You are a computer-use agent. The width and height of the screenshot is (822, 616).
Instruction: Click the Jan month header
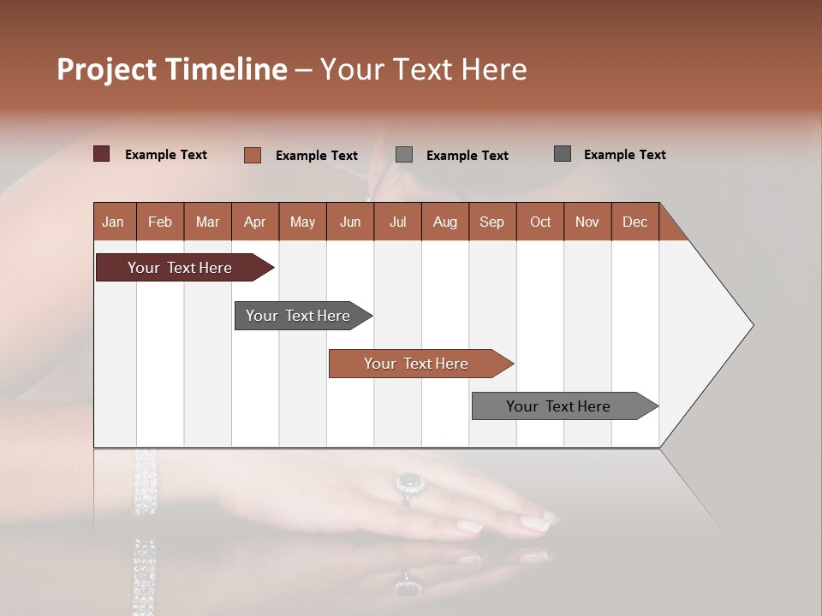pyautogui.click(x=113, y=222)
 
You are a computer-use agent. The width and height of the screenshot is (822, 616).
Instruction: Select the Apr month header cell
pyautogui.click(x=254, y=222)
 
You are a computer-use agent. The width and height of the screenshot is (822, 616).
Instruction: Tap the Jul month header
pyautogui.click(x=397, y=222)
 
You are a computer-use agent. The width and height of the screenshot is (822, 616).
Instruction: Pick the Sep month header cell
pyautogui.click(x=491, y=222)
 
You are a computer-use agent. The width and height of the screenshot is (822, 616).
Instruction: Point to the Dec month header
pyautogui.click(x=634, y=222)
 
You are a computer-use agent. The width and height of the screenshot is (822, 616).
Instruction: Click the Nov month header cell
pyautogui.click(x=587, y=222)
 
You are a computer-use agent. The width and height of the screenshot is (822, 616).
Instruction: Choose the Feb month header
pyautogui.click(x=160, y=222)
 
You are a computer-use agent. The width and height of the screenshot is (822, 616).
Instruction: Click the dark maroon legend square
pyautogui.click(x=101, y=154)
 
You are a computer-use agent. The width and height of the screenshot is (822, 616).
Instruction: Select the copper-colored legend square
pyautogui.click(x=252, y=155)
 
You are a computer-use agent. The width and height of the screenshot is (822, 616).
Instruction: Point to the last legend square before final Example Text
pyautogui.click(x=563, y=154)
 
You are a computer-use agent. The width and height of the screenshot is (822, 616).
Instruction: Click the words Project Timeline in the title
pyautogui.click(x=171, y=69)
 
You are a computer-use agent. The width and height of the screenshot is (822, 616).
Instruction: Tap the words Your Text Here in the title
pyautogui.click(x=424, y=69)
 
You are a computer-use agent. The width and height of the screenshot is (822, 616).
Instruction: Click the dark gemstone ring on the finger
pyautogui.click(x=411, y=483)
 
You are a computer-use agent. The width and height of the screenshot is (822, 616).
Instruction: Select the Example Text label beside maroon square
pyautogui.click(x=166, y=155)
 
